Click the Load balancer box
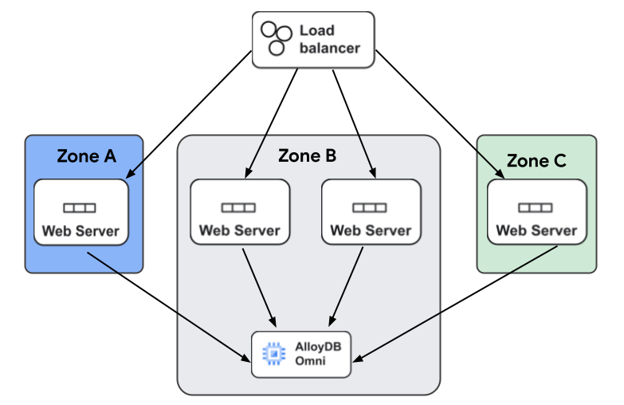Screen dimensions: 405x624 pos(312,39)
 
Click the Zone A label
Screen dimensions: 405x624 pos(86,156)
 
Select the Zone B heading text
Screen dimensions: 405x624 pos(307,155)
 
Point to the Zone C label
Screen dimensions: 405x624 pos(536,161)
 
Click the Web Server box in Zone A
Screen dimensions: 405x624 pos(80,213)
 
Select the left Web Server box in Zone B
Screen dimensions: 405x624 pos(239,212)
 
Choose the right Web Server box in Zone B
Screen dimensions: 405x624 pos(371,212)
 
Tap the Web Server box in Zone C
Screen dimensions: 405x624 pos(536,212)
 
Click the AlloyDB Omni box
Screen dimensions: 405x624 pos(301,353)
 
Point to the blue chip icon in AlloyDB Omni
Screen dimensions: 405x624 pos(273,353)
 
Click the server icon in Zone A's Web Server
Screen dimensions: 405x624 pos(80,208)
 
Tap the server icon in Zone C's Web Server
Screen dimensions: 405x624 pos(536,208)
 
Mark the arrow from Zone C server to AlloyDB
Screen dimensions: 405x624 pos(454,303)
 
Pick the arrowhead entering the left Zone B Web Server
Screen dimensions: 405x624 pos(248,173)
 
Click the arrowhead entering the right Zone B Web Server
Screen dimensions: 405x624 pos(372,172)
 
